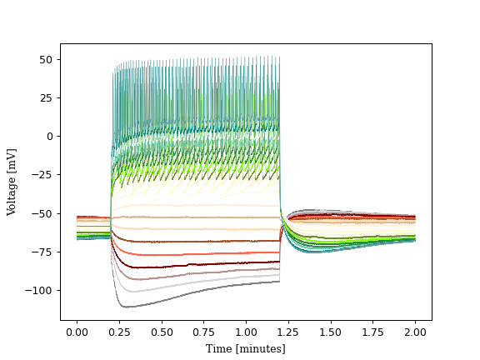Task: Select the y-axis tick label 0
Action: pos(49,136)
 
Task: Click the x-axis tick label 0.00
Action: pos(77,332)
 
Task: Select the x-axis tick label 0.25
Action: pos(119,332)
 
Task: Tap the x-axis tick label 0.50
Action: pos(162,332)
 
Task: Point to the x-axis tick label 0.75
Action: pos(204,332)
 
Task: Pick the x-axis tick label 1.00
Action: pos(246,332)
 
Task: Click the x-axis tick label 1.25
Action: pos(288,332)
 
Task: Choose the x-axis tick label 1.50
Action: pos(331,332)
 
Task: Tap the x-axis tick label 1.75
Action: pos(372,332)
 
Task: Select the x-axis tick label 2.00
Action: pos(415,332)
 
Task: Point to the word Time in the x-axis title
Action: pos(218,348)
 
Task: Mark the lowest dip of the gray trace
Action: pos(125,307)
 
